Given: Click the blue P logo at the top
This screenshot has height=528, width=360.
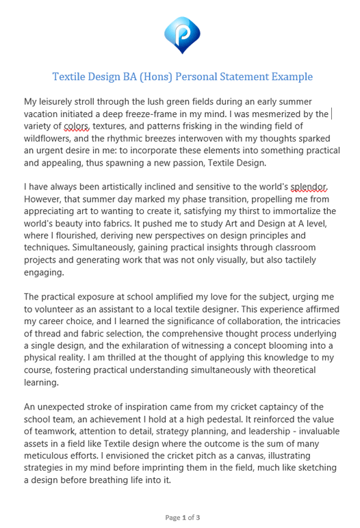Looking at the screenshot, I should (182, 33).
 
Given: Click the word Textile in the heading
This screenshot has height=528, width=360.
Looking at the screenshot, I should (71, 77).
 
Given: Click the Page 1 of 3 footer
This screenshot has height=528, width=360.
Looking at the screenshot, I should (182, 517).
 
